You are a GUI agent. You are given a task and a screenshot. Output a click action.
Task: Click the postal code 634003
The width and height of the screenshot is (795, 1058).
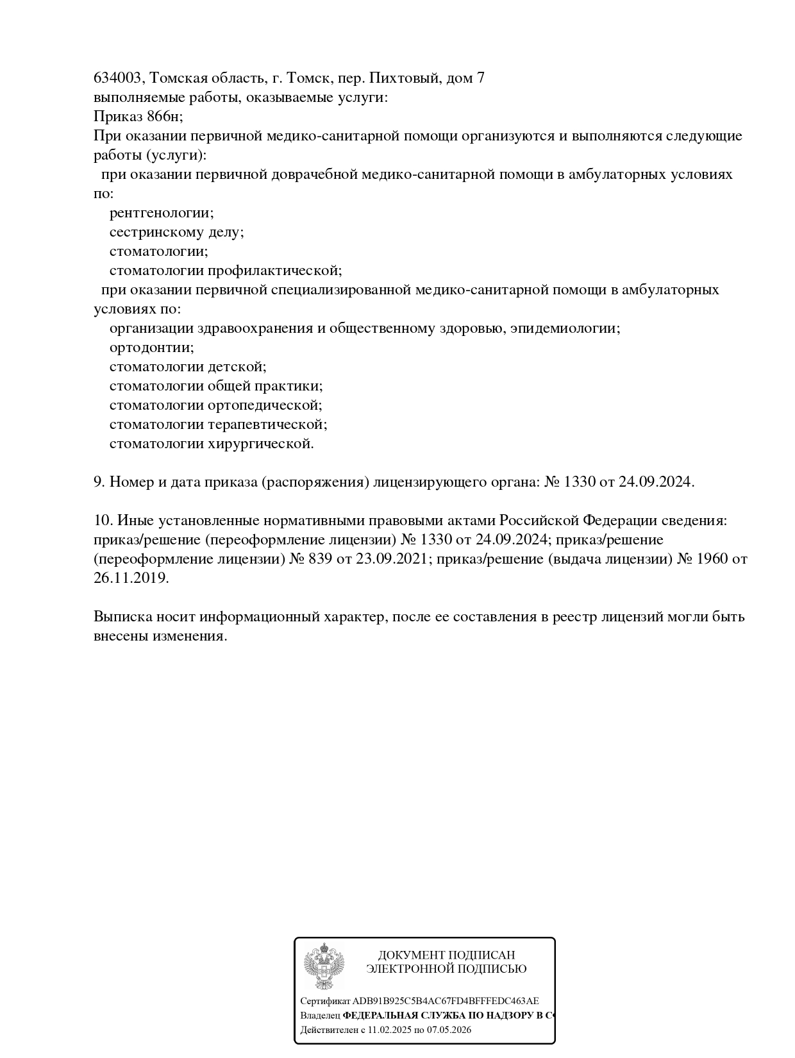[x=119, y=78]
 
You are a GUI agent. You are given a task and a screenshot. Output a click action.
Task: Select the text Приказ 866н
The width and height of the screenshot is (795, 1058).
[x=138, y=117]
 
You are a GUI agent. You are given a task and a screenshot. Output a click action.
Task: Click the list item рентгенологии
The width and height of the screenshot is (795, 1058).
[x=162, y=213]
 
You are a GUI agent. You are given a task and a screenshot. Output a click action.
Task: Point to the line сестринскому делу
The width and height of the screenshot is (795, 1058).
[x=176, y=232]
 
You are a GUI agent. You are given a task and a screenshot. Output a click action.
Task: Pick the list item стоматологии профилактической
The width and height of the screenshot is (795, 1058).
[x=226, y=271]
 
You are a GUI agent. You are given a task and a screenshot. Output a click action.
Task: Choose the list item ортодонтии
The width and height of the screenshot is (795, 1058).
[x=151, y=348]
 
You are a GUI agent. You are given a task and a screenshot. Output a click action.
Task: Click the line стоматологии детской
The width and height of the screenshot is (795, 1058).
[x=188, y=367]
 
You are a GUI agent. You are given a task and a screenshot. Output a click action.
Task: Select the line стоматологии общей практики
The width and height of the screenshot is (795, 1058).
[x=216, y=386]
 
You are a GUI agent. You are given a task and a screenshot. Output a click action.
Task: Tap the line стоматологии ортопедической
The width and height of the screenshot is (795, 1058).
[x=216, y=405]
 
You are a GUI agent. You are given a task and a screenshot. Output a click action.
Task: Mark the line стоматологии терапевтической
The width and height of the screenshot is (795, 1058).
[x=219, y=424]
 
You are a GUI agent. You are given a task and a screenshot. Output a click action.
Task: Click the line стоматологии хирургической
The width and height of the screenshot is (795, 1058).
[x=212, y=444]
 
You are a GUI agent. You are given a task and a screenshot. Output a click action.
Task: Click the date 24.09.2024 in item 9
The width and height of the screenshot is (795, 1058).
[x=655, y=482]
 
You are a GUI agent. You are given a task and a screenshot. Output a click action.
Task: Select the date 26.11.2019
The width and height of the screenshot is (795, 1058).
[x=131, y=578]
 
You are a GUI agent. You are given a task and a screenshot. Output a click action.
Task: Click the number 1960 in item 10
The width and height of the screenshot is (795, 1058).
[x=710, y=559]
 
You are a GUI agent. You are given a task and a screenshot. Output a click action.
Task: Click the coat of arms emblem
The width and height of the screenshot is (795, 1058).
[x=324, y=967]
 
